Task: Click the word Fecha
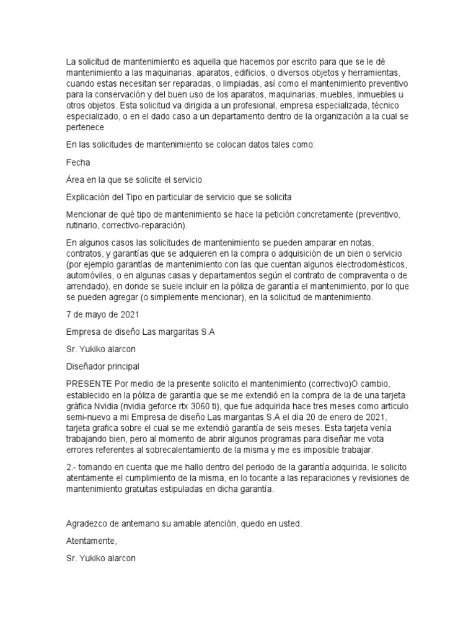point(78,162)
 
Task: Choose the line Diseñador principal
point(103,366)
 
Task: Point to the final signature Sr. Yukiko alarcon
point(101,558)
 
